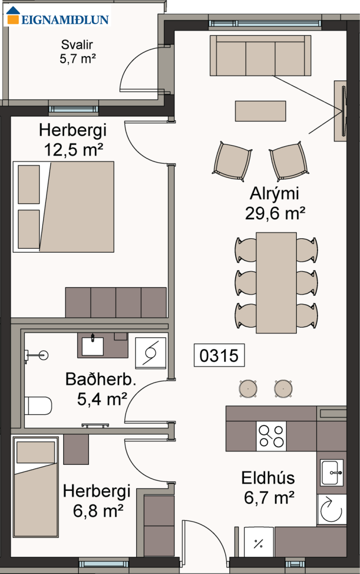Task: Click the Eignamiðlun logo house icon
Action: pyautogui.click(x=13, y=15)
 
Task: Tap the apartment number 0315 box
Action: pyautogui.click(x=219, y=355)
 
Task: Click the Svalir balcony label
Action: pyautogui.click(x=77, y=44)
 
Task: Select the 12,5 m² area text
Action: pyautogui.click(x=74, y=150)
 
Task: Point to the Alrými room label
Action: pyautogui.click(x=274, y=194)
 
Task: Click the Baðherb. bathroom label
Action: pyautogui.click(x=100, y=379)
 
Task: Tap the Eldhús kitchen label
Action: pyautogui.click(x=268, y=478)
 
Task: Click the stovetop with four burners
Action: pyautogui.click(x=272, y=436)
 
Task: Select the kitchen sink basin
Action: pyautogui.click(x=332, y=473)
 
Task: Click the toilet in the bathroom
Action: pyautogui.click(x=38, y=406)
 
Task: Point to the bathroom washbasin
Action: pyautogui.click(x=92, y=346)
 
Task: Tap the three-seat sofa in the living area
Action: pyautogui.click(x=261, y=55)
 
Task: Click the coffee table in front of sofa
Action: pyautogui.click(x=261, y=111)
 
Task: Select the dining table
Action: pyautogui.click(x=276, y=283)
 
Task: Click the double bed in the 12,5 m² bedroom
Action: pyautogui.click(x=64, y=207)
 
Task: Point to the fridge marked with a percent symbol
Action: pyautogui.click(x=259, y=541)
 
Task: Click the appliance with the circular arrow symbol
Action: pyautogui.click(x=332, y=509)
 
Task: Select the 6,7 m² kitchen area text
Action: pyautogui.click(x=269, y=497)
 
